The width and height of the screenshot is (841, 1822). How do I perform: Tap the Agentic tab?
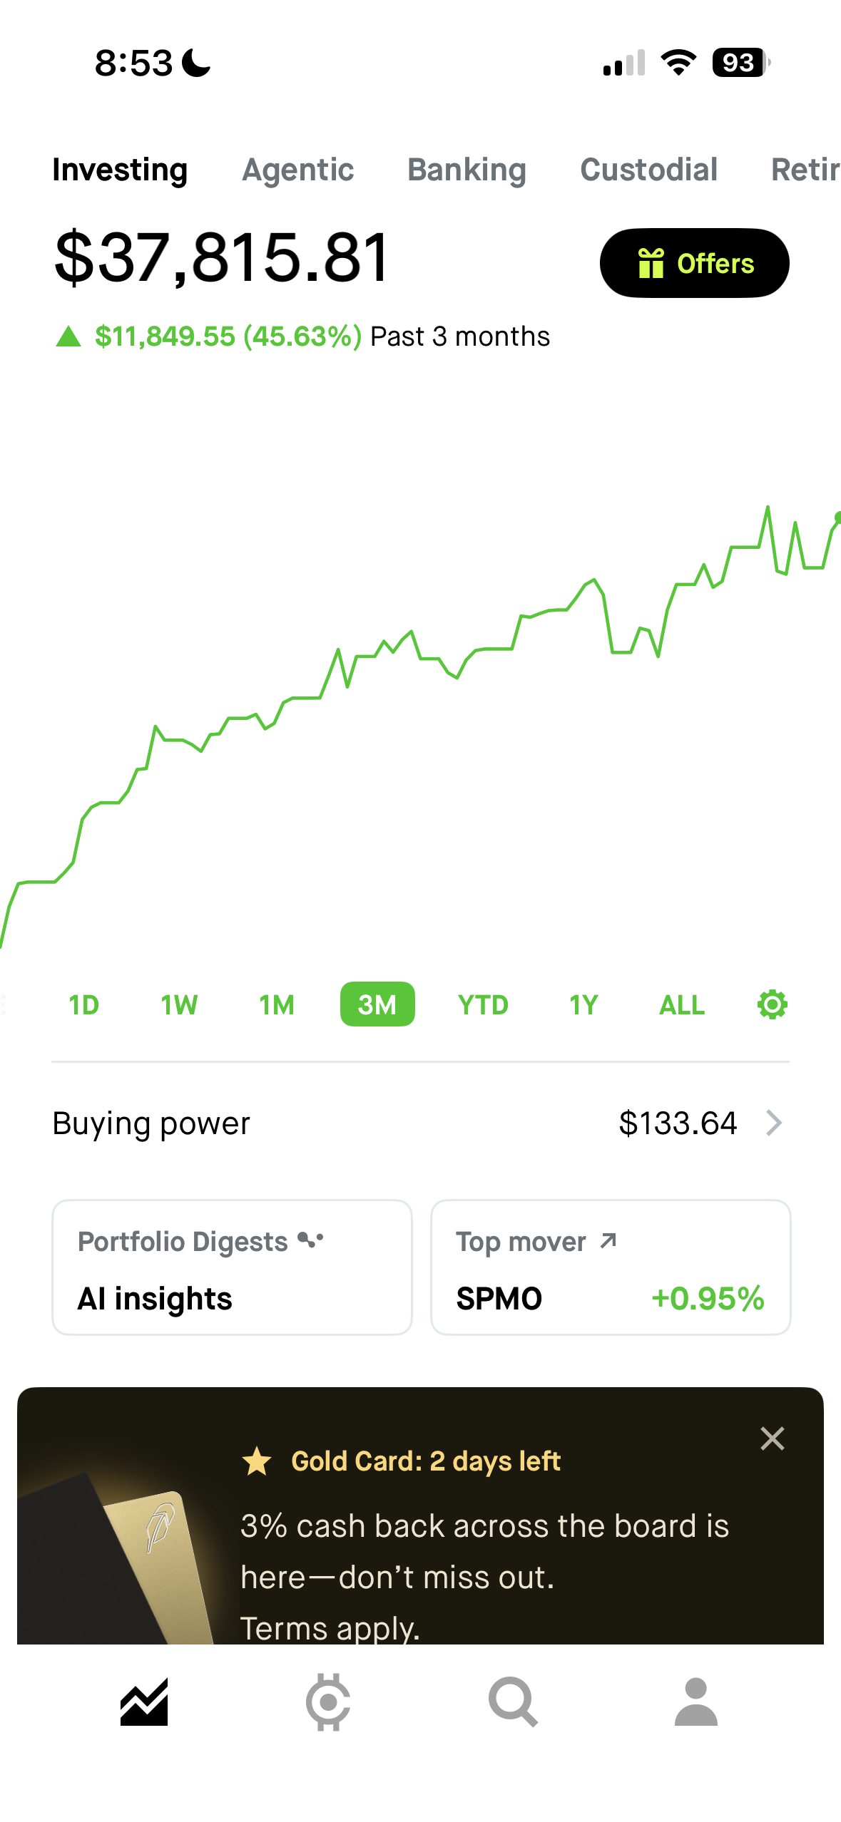(x=298, y=170)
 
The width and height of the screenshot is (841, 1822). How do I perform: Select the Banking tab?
(x=467, y=170)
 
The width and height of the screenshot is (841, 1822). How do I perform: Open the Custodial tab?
(x=648, y=170)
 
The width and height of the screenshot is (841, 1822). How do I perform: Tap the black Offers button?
(x=694, y=263)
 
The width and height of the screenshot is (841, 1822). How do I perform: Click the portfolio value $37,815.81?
(x=222, y=257)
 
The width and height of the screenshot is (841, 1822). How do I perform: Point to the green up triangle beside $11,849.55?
(x=68, y=336)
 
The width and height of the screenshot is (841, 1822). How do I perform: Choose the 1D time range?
(x=83, y=1004)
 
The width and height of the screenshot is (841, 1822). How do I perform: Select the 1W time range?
(x=179, y=1004)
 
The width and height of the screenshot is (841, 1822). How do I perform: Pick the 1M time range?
(x=277, y=1004)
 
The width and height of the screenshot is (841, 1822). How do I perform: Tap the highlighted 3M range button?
(x=377, y=1004)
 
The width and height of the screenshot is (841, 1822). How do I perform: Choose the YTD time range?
(x=483, y=1004)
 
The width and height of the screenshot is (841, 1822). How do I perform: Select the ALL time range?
(x=682, y=1004)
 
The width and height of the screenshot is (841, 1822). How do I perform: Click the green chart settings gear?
(x=772, y=1004)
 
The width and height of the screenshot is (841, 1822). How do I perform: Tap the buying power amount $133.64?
(x=678, y=1123)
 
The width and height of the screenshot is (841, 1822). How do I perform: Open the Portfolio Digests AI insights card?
(x=232, y=1267)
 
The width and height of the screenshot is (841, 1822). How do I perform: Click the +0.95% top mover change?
(x=708, y=1298)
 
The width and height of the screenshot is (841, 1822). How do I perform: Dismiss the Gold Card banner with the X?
(x=772, y=1438)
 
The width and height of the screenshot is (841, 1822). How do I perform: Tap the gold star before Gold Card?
(x=257, y=1461)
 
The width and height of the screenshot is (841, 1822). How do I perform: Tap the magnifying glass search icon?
(x=512, y=1702)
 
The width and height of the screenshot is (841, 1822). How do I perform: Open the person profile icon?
(x=695, y=1702)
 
